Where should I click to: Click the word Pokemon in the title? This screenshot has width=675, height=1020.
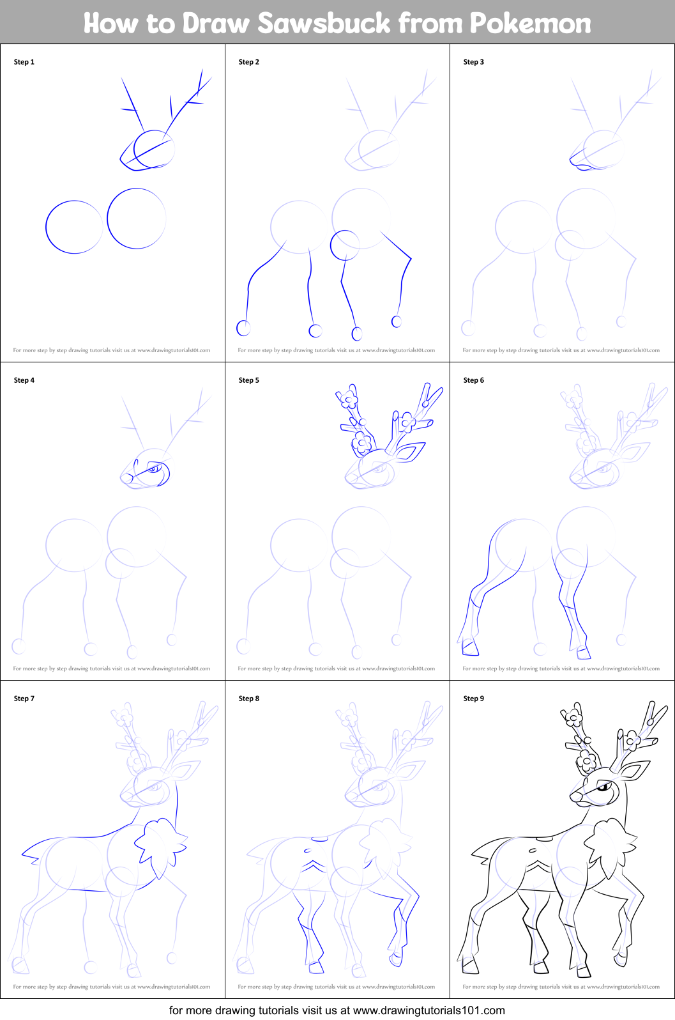(531, 23)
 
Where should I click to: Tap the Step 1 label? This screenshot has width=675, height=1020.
(24, 62)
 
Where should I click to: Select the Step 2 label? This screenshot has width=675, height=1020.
(249, 62)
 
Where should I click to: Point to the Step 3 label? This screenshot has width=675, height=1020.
(474, 62)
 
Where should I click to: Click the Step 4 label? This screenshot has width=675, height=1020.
(24, 380)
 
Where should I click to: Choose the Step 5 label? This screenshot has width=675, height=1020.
(249, 380)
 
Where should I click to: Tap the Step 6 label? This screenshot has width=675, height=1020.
(474, 380)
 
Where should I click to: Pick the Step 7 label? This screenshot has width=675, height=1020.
(24, 699)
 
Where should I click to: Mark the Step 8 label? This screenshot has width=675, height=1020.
(249, 699)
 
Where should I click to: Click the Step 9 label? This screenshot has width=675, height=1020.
(474, 699)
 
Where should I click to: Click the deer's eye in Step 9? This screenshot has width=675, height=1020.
(602, 787)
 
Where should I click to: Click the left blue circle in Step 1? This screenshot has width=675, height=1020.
(74, 227)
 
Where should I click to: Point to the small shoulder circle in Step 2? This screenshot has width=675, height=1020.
(345, 245)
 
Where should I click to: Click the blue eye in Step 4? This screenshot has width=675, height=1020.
(152, 470)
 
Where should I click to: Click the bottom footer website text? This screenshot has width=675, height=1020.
(337, 1010)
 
